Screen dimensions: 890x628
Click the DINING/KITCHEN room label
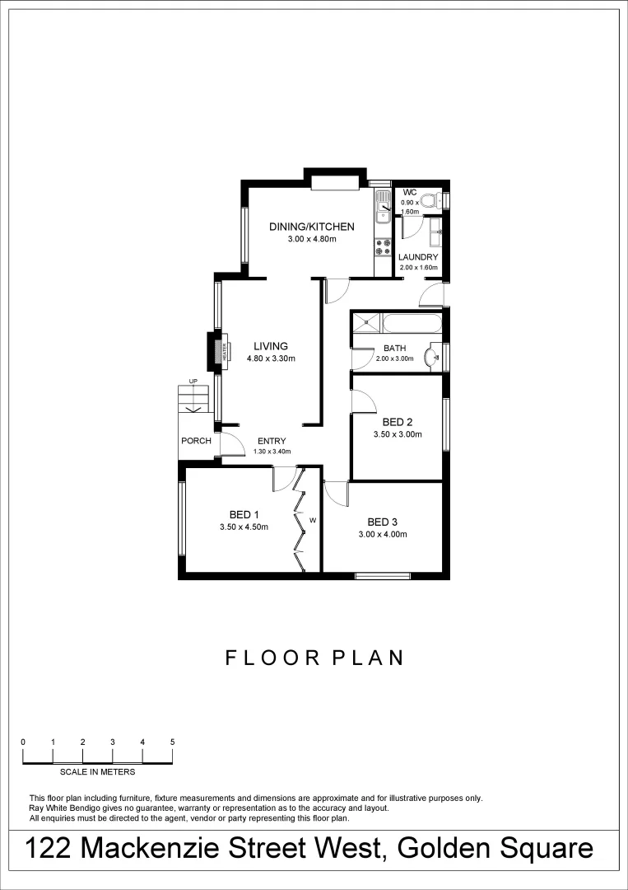click(x=312, y=227)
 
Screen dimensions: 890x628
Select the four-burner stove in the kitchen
click(x=383, y=246)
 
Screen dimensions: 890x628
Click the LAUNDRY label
click(x=418, y=257)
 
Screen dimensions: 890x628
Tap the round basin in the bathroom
click(x=430, y=358)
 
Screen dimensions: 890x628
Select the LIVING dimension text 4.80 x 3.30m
click(x=270, y=358)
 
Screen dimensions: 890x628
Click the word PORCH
click(x=196, y=441)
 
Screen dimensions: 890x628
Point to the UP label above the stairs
click(x=193, y=381)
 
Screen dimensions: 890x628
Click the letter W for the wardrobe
click(x=313, y=521)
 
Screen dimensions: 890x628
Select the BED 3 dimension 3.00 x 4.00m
click(x=383, y=534)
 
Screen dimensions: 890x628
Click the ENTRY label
click(x=271, y=441)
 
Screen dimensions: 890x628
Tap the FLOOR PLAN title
click(x=314, y=658)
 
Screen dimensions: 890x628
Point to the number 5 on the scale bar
click(x=172, y=742)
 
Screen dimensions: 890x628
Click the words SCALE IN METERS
click(x=97, y=772)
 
